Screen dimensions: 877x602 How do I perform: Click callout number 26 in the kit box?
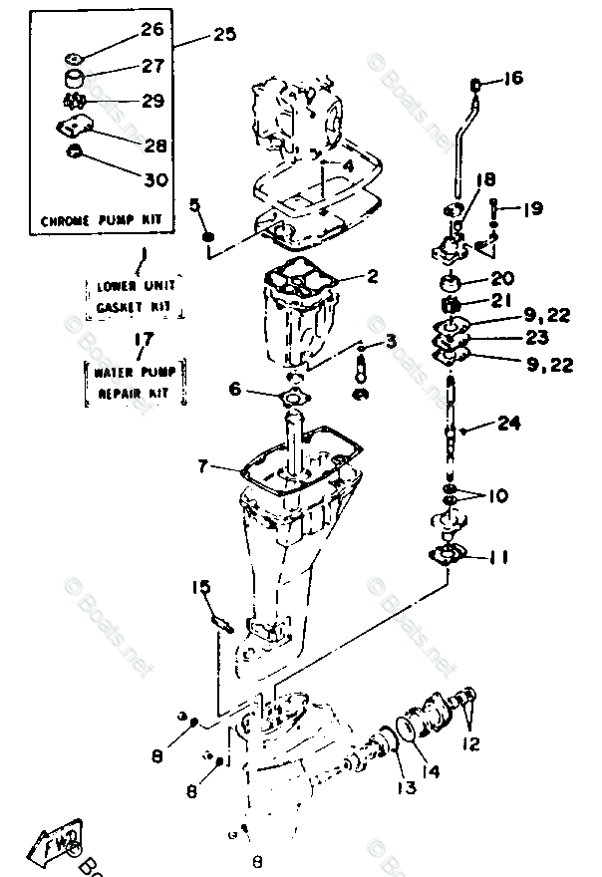151,30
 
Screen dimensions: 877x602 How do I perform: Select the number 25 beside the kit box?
225,36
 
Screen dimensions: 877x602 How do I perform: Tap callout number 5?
196,205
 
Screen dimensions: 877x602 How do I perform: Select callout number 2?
371,277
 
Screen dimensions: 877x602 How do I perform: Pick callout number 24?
509,424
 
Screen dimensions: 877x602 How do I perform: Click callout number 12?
470,741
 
